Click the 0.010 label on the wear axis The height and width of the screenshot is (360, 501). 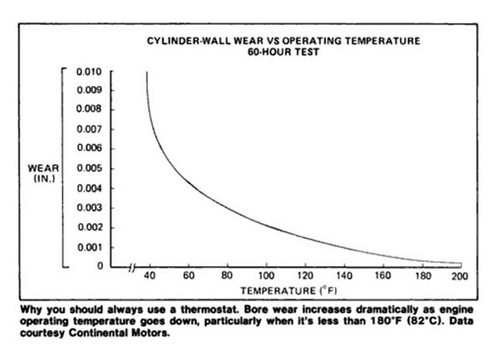[x=89, y=72]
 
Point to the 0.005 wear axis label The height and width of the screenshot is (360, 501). [x=90, y=168]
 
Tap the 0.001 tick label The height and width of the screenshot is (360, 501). [x=91, y=247]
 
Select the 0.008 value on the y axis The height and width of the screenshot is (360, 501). [x=89, y=109]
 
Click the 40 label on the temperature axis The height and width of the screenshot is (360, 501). [x=150, y=275]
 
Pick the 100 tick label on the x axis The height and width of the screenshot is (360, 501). [x=266, y=275]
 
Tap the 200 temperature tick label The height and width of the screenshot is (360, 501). [x=460, y=276]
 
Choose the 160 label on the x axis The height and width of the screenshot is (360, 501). [x=383, y=275]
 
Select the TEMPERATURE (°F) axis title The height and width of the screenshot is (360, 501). [x=289, y=290]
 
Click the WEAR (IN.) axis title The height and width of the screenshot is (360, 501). [x=44, y=174]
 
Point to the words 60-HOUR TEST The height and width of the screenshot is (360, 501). [x=283, y=52]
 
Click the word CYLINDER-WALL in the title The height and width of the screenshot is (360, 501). [x=189, y=41]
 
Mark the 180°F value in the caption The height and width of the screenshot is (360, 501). [x=387, y=321]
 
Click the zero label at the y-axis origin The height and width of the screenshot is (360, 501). [x=100, y=266]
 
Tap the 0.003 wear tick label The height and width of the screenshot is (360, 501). [x=90, y=208]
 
